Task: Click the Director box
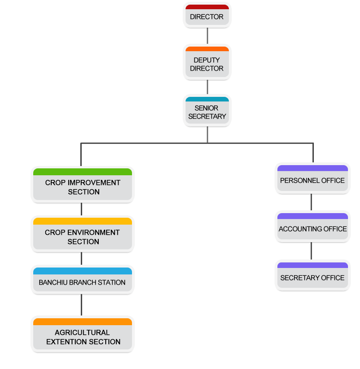[x=207, y=17]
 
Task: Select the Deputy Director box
[x=207, y=64]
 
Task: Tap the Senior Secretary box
[x=207, y=112]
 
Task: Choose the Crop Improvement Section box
[x=83, y=187]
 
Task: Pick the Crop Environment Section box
[x=83, y=237]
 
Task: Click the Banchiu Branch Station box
[x=83, y=282]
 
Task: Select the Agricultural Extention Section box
[x=83, y=337]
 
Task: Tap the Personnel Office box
[x=312, y=180]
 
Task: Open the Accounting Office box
[x=312, y=229]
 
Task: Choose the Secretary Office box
[x=312, y=278]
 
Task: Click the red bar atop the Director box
[x=207, y=7]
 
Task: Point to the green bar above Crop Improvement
[x=83, y=172]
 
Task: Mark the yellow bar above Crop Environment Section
[x=83, y=221]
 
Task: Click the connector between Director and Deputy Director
[x=207, y=36]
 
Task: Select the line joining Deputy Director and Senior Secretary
[x=207, y=87]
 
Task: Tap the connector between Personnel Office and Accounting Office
[x=311, y=202]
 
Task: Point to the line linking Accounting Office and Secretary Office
[x=311, y=251]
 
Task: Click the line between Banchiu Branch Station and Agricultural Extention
[x=82, y=305]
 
